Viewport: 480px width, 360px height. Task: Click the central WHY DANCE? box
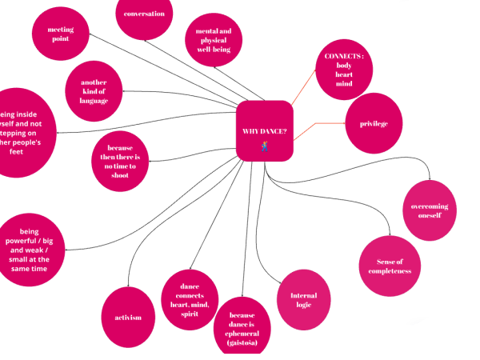tap(264, 130)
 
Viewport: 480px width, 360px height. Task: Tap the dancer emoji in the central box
tap(264, 146)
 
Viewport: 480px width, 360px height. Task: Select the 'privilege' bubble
tap(374, 123)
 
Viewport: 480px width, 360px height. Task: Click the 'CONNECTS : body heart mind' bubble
tap(344, 70)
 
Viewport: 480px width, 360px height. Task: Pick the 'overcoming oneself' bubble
tap(430, 210)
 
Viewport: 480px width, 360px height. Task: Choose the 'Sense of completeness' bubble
tap(390, 266)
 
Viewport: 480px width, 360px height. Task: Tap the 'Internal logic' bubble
tap(303, 300)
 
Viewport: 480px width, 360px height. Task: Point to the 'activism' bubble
tap(129, 317)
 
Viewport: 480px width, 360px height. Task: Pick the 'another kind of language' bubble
tap(94, 92)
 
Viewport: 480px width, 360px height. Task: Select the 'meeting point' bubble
tap(61, 34)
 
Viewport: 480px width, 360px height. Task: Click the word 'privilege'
tap(374, 123)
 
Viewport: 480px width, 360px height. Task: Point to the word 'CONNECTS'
tap(344, 56)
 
